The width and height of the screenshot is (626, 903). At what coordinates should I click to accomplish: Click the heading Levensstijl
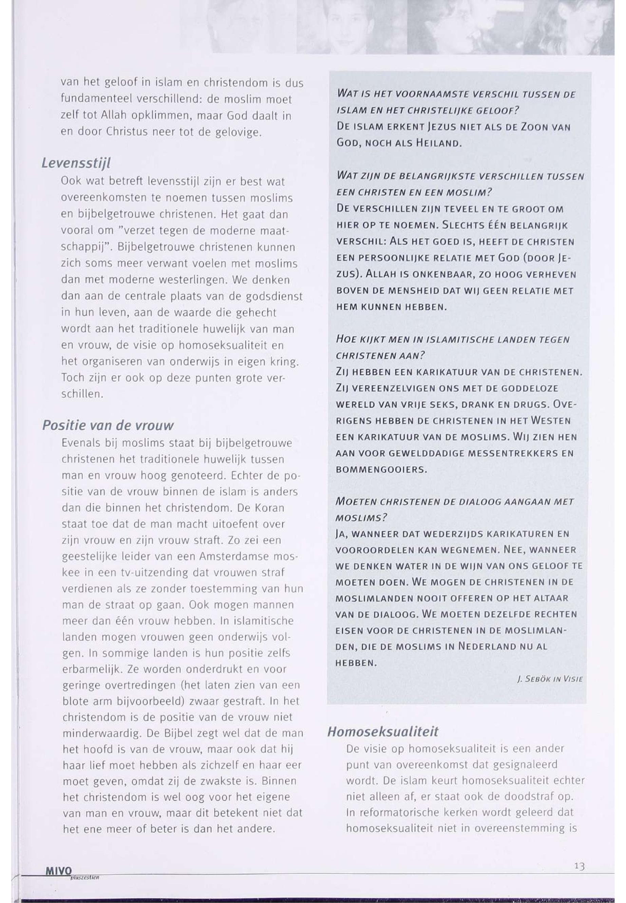click(x=76, y=163)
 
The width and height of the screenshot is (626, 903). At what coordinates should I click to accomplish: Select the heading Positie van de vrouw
click(x=108, y=425)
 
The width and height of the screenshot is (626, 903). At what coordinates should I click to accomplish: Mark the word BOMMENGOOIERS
click(x=381, y=469)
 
